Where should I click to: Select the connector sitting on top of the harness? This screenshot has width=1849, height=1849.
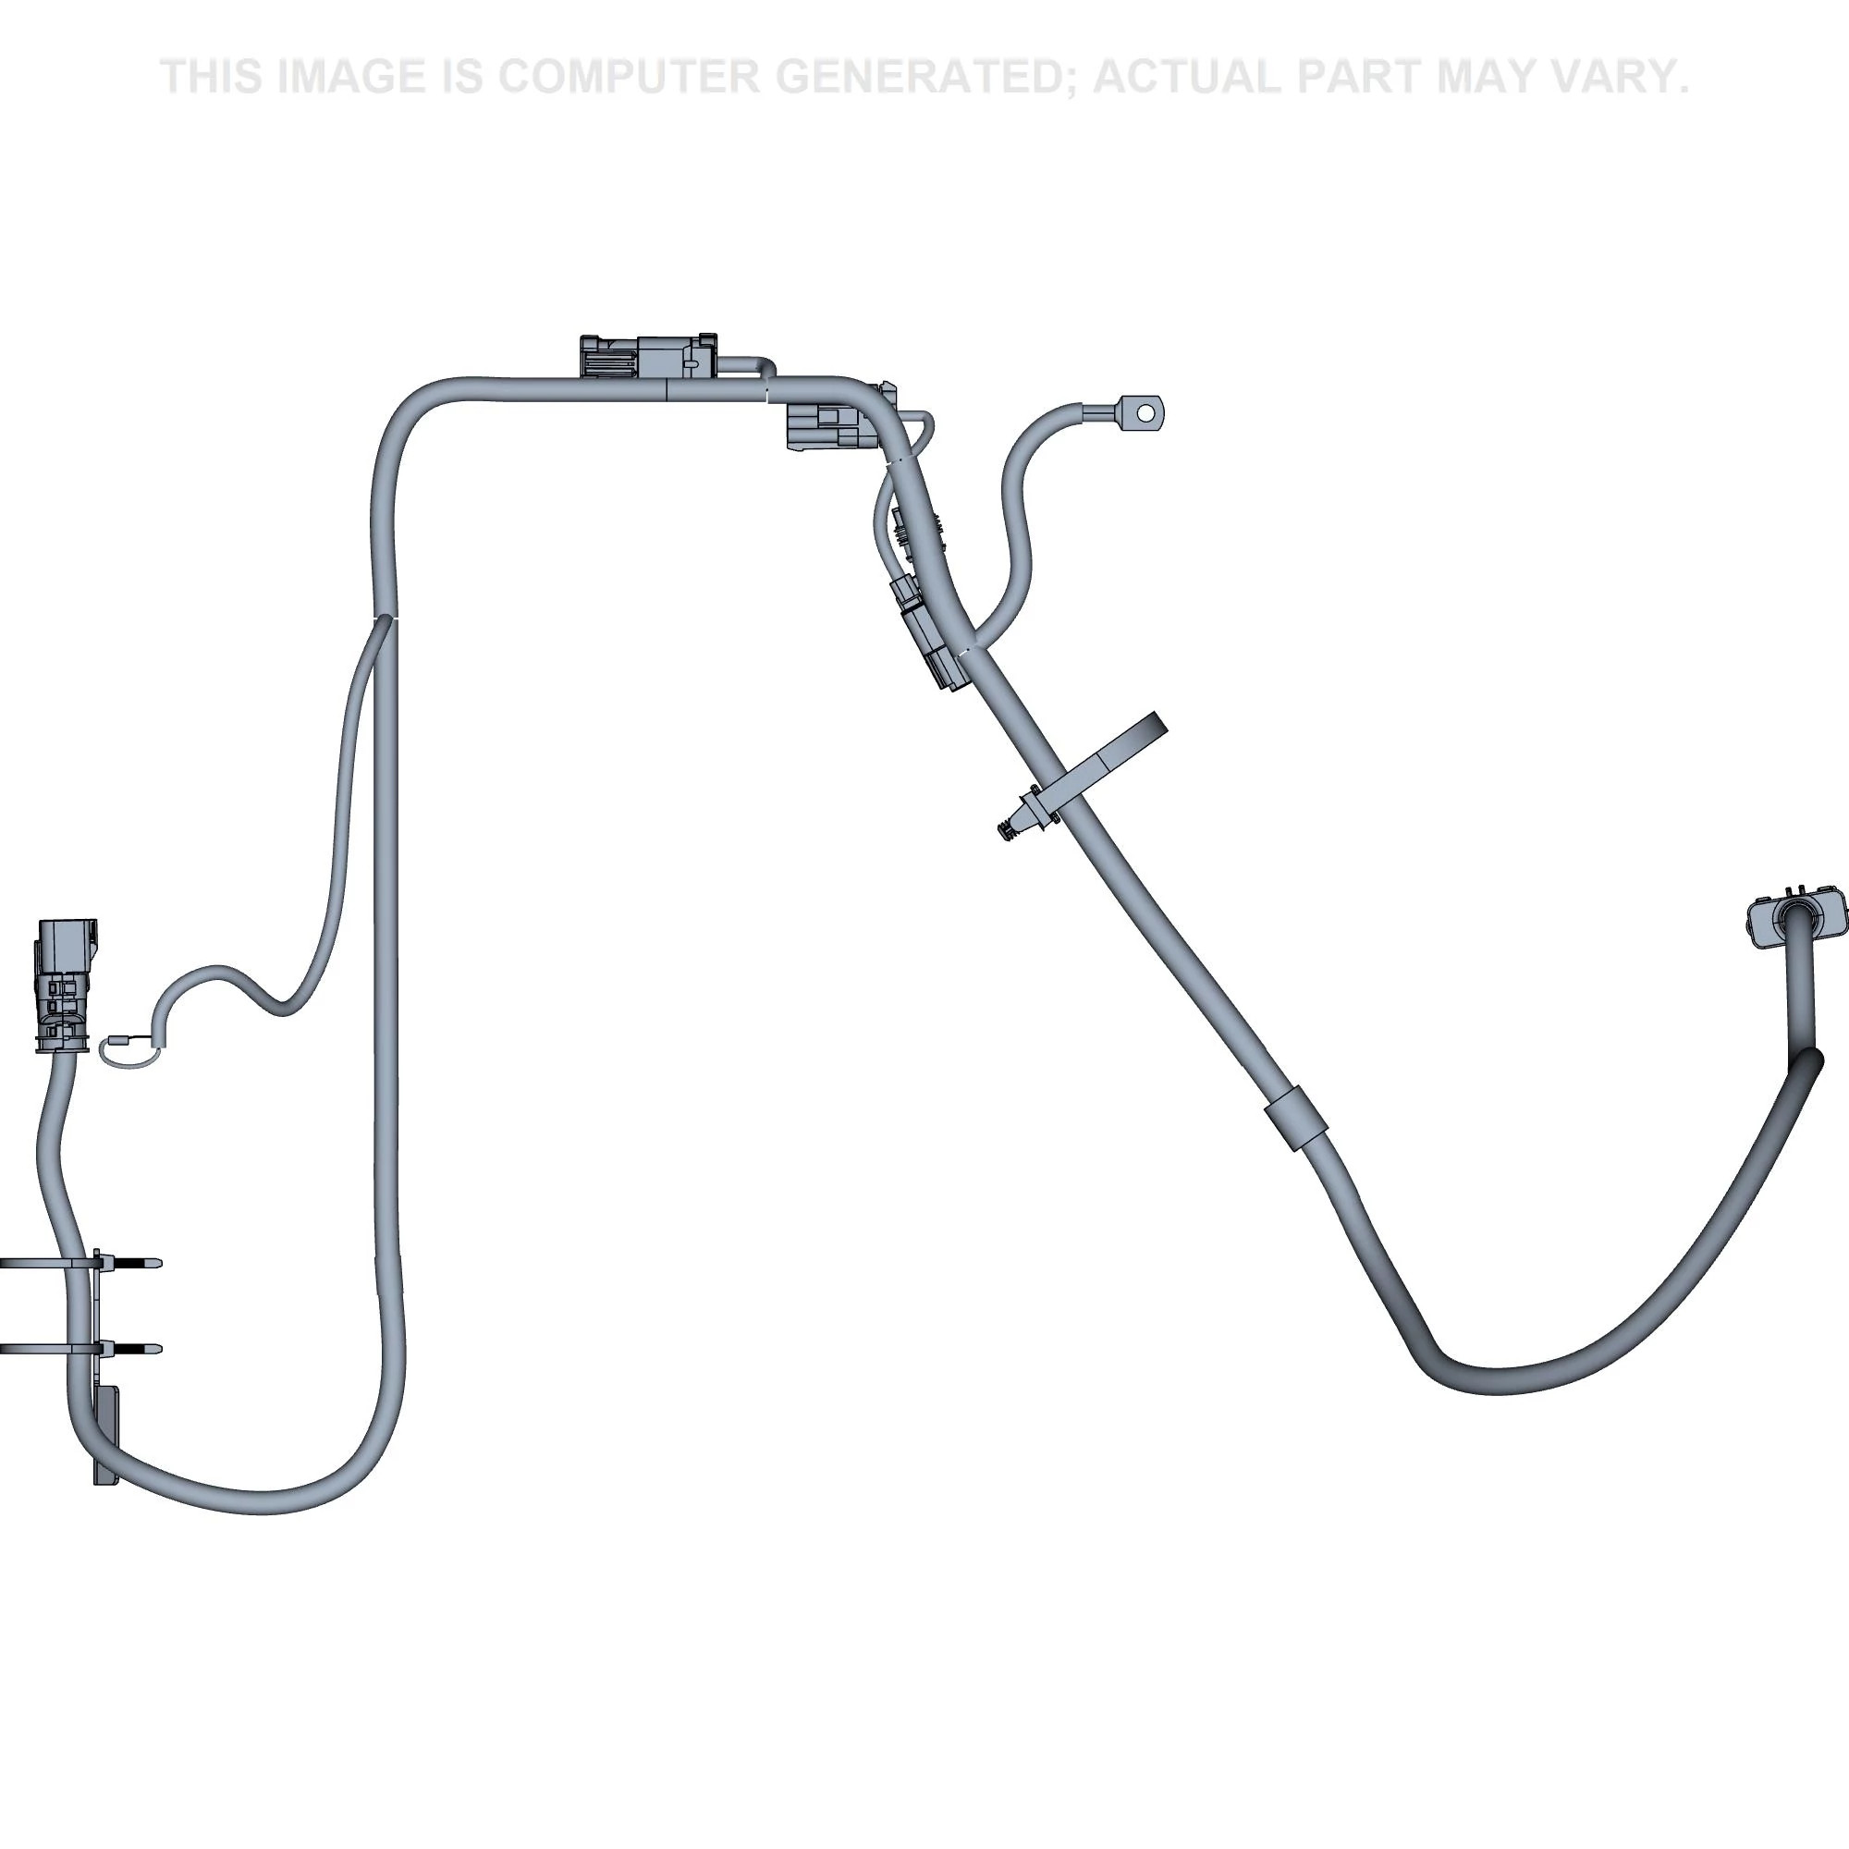(648, 357)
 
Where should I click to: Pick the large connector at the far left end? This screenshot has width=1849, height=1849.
(65, 986)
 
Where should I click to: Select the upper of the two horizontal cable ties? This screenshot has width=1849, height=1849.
(80, 1262)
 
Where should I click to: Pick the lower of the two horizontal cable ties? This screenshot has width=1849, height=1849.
(80, 1349)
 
